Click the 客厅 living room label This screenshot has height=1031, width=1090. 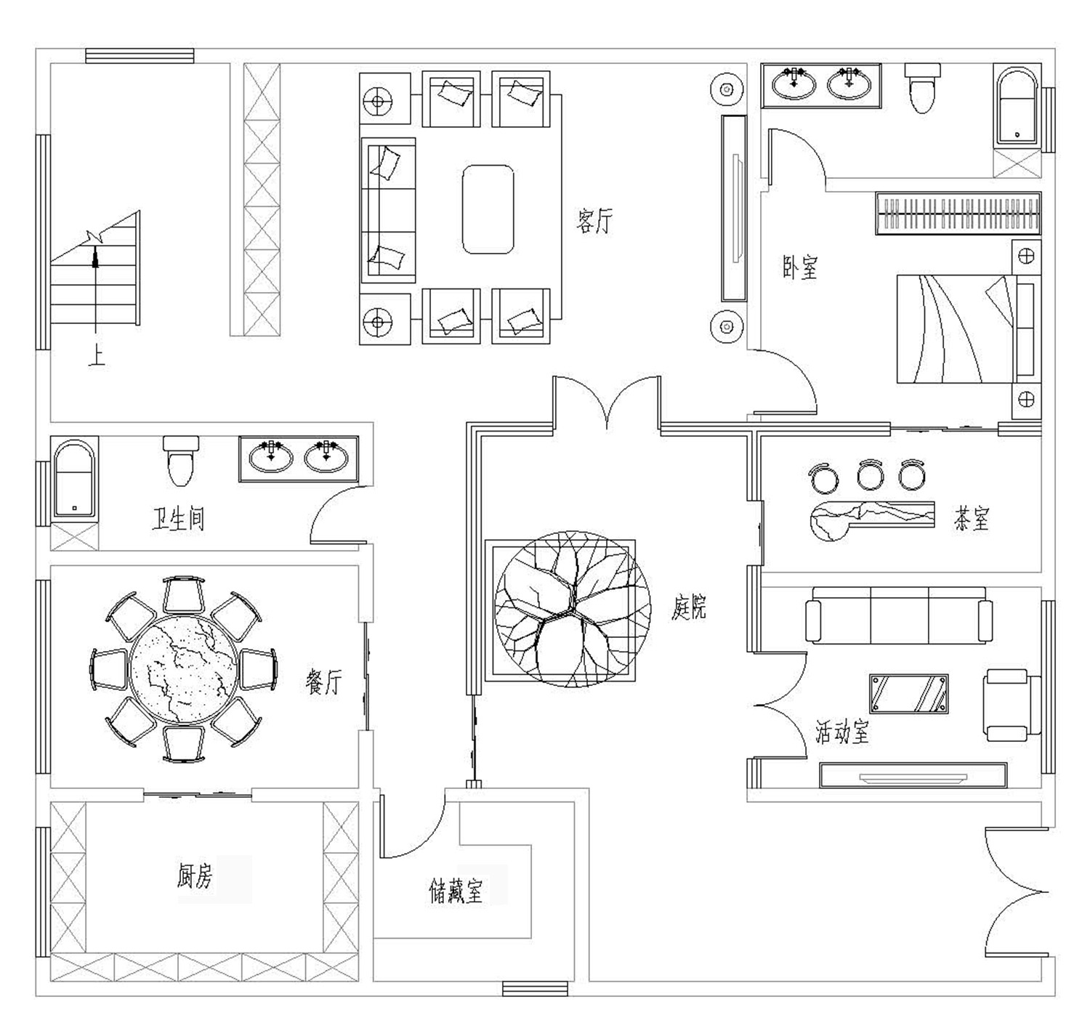[594, 221]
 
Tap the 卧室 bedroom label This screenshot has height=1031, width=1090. [799, 267]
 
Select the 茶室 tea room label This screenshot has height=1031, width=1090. [971, 518]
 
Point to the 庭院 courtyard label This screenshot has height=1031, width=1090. [689, 607]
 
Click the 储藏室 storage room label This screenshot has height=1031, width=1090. [455, 891]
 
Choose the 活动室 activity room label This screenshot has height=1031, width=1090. [841, 732]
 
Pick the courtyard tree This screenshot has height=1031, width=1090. [573, 609]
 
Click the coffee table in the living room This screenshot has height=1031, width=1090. [488, 209]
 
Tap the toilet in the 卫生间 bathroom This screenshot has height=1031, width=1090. [181, 461]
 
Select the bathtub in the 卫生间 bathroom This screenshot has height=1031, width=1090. [74, 478]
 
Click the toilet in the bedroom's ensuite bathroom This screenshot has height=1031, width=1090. [923, 88]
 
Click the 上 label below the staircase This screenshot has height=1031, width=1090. [97, 357]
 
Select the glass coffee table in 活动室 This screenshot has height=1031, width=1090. [909, 693]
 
